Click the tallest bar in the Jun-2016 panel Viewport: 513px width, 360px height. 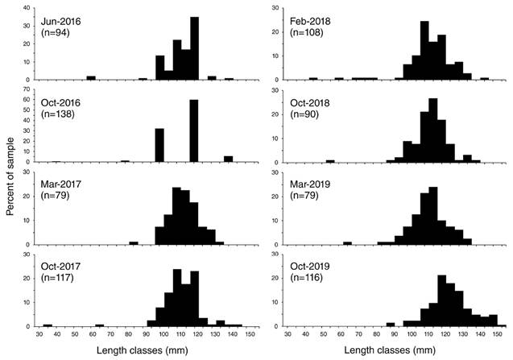194,48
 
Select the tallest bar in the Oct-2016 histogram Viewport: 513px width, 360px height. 194,131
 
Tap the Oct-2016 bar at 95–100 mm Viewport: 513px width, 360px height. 159,145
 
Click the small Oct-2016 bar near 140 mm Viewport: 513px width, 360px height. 229,159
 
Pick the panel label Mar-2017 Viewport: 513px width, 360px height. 61,184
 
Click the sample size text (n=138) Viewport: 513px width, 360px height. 58,114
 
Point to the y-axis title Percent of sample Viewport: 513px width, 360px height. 10,176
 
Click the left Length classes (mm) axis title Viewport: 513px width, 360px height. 143,350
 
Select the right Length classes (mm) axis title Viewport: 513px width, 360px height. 390,350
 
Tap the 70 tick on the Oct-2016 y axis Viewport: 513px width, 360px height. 27,89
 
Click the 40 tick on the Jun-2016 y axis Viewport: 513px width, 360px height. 27,8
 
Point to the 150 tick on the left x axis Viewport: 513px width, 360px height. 250,334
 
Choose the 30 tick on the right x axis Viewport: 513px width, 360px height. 288,334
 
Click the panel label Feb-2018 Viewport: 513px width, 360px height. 310,21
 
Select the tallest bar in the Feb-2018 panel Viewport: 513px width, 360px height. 424,51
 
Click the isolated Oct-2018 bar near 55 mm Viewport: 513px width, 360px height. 330,161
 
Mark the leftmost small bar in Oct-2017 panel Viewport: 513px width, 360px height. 48,325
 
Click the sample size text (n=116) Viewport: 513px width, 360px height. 307,278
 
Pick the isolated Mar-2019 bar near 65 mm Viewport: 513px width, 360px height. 347,243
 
